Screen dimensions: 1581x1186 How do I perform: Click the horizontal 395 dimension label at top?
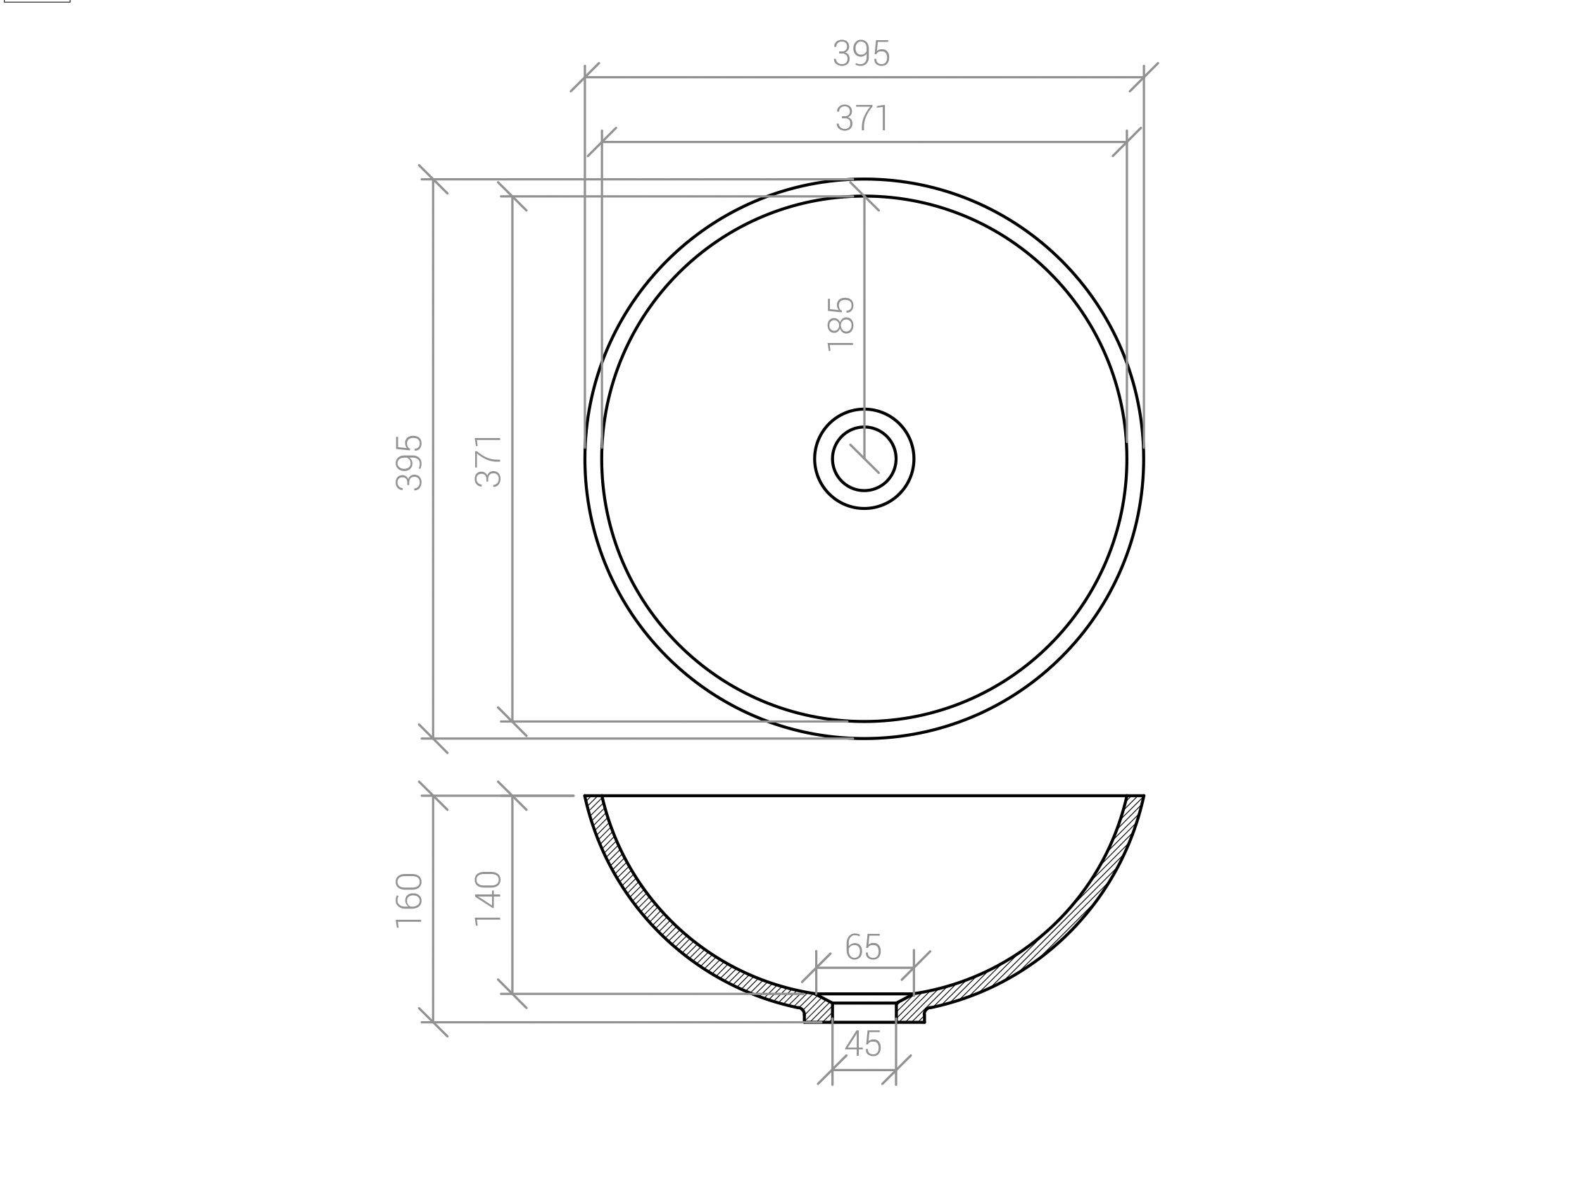(862, 54)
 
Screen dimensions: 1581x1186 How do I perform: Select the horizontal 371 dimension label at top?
(863, 119)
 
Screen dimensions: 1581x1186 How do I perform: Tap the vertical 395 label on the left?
(410, 463)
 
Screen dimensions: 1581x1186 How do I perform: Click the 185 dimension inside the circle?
(840, 324)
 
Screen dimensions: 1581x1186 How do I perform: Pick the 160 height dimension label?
(410, 900)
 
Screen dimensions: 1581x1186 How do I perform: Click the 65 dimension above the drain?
(864, 947)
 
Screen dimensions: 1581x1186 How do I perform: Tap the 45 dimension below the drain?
(864, 1045)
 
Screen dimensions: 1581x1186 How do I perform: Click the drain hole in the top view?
(864, 458)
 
